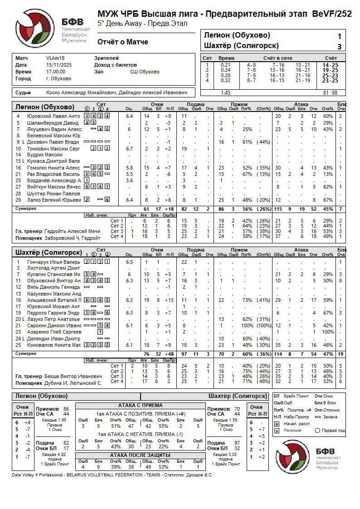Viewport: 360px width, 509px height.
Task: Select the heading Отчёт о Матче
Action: tap(123, 42)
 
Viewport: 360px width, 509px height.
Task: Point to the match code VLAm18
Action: tap(55, 58)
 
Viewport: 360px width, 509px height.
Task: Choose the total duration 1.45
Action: tap(225, 92)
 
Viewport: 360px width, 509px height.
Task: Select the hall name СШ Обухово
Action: tap(145, 72)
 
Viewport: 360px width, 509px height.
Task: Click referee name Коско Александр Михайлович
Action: tap(81, 92)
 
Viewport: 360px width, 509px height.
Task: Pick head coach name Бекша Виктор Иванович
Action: tap(73, 376)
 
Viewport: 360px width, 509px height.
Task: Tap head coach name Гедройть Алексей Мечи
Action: tap(72, 231)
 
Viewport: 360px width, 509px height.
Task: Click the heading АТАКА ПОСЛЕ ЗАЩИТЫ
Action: tap(140, 455)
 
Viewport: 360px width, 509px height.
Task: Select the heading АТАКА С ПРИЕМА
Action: tap(140, 405)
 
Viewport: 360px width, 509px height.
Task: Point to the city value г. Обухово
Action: tap(58, 78)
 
